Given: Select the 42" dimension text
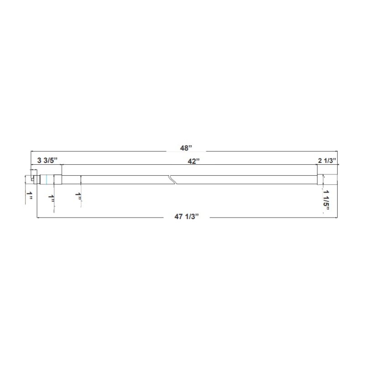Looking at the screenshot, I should pyautogui.click(x=194, y=161).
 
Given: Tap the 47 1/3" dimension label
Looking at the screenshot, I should pyautogui.click(x=186, y=218).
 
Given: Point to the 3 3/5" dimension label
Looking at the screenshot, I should pyautogui.click(x=47, y=161).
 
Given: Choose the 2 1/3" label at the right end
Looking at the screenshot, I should pyautogui.click(x=327, y=161).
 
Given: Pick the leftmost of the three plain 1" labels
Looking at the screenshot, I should pyautogui.click(x=30, y=196).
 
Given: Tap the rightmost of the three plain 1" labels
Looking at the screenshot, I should pyautogui.click(x=79, y=196).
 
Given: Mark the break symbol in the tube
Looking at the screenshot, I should pyautogui.click(x=172, y=179).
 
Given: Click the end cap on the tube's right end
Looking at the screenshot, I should pyautogui.click(x=327, y=179).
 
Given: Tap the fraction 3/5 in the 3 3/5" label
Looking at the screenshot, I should pyautogui.click(x=50, y=161).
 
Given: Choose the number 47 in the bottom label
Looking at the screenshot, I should pyautogui.click(x=178, y=218).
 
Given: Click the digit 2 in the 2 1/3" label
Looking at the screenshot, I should pyautogui.click(x=320, y=161).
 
